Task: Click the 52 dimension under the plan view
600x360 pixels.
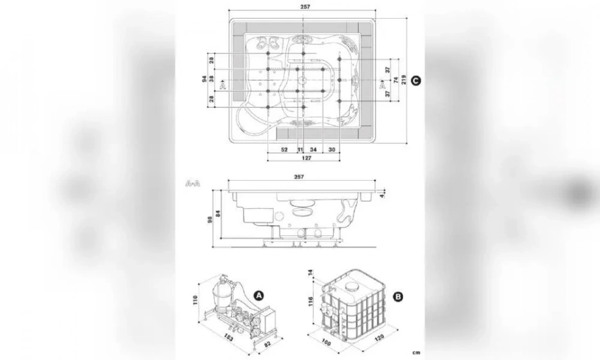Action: click(284, 149)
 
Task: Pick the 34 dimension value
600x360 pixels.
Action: click(313, 149)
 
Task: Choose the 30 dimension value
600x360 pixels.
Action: click(332, 149)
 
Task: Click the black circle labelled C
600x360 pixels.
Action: click(416, 80)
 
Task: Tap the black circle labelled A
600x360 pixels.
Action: click(259, 295)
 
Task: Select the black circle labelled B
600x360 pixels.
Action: click(398, 296)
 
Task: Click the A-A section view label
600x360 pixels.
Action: click(192, 184)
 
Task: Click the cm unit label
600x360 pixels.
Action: click(418, 352)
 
